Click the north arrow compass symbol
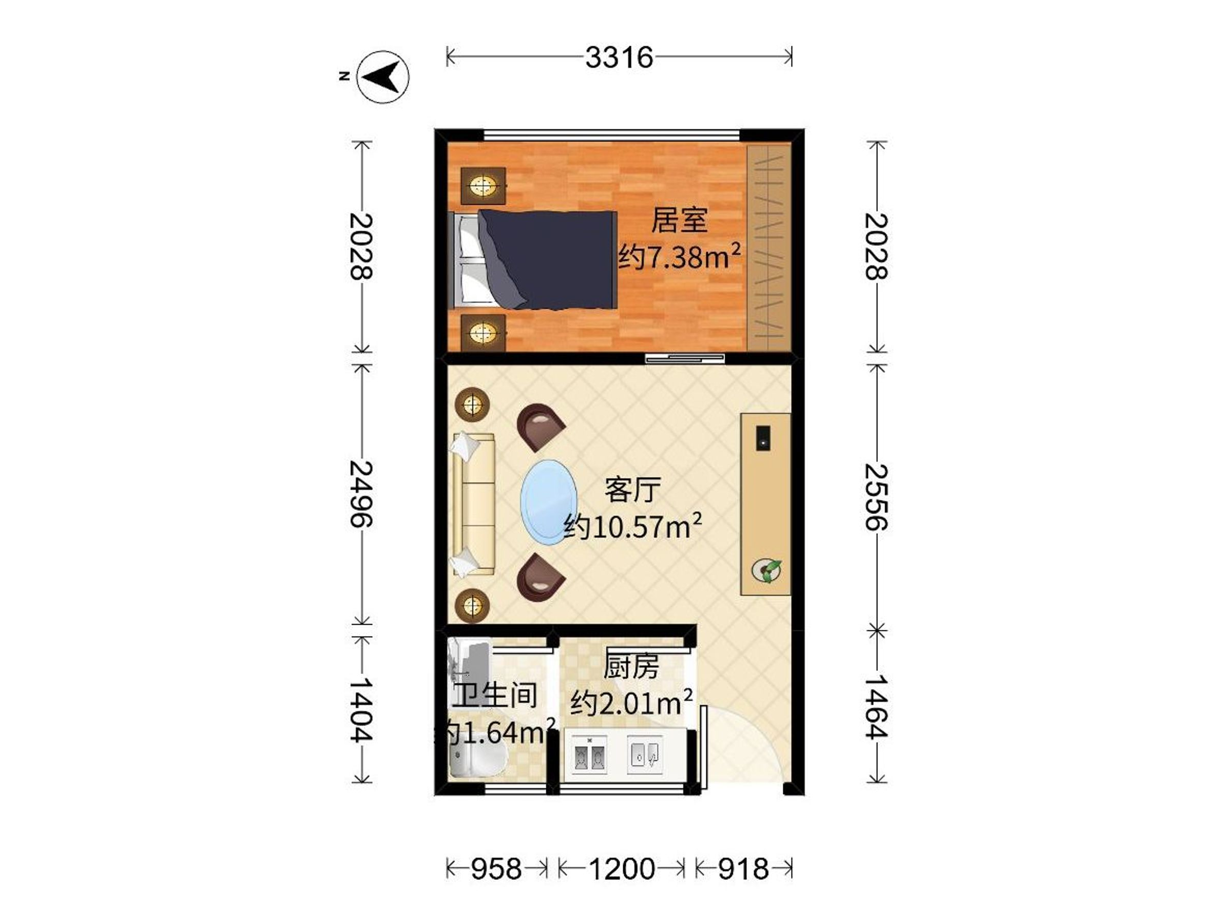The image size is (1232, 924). pos(382,76)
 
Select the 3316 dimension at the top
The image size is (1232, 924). pos(619,57)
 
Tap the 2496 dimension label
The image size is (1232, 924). pos(361,494)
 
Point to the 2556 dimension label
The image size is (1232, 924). pos(876,497)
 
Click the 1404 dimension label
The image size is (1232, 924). pos(361,709)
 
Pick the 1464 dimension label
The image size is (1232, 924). pos(876,707)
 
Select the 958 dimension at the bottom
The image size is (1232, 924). pos(496,869)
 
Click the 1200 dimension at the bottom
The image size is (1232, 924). pos(622,869)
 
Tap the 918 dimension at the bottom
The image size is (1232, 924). pos(743,869)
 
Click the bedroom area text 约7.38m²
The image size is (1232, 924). pos(680,257)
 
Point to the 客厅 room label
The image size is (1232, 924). pos(633,490)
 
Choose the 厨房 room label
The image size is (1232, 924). pos(631,667)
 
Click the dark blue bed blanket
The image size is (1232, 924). pos(551,260)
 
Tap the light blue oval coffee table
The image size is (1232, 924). pos(549,501)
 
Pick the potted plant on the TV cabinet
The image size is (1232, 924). pos(766,570)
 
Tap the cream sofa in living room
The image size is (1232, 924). pos(474,504)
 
